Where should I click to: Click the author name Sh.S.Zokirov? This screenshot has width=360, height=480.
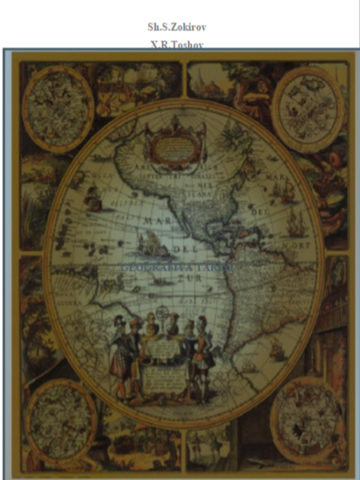pyautogui.click(x=179, y=27)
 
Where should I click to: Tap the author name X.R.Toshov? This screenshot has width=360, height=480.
pyautogui.click(x=179, y=44)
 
